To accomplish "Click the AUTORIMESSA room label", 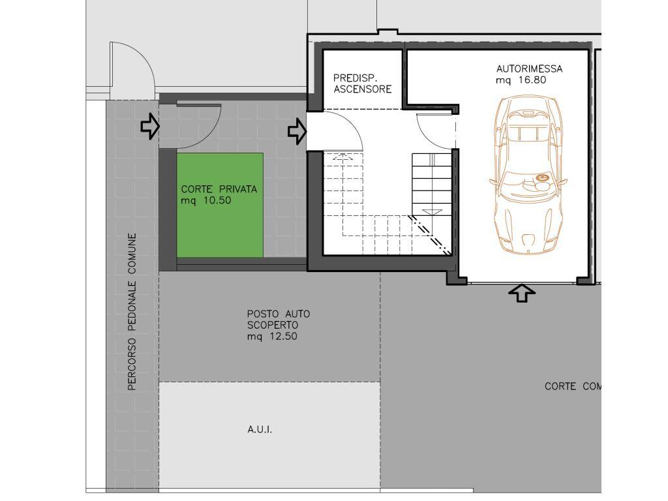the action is click(x=529, y=68).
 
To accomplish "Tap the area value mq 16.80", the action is click(x=521, y=80).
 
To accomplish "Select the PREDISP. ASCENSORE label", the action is click(x=363, y=83).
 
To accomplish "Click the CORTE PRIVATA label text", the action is click(x=219, y=189).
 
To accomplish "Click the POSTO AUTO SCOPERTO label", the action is click(x=279, y=320).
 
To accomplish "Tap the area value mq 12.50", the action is click(x=272, y=337).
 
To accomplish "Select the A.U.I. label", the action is click(x=260, y=429).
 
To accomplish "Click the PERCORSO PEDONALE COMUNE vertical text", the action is click(x=132, y=312).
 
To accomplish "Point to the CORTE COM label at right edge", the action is click(x=573, y=386).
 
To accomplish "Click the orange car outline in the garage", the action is click(x=528, y=175).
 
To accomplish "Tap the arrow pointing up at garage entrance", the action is click(x=522, y=294).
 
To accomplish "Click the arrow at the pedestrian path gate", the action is click(x=150, y=126).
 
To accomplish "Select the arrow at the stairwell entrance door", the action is click(x=297, y=131).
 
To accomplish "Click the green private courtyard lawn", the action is click(x=220, y=205).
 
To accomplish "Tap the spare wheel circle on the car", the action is click(x=542, y=177).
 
